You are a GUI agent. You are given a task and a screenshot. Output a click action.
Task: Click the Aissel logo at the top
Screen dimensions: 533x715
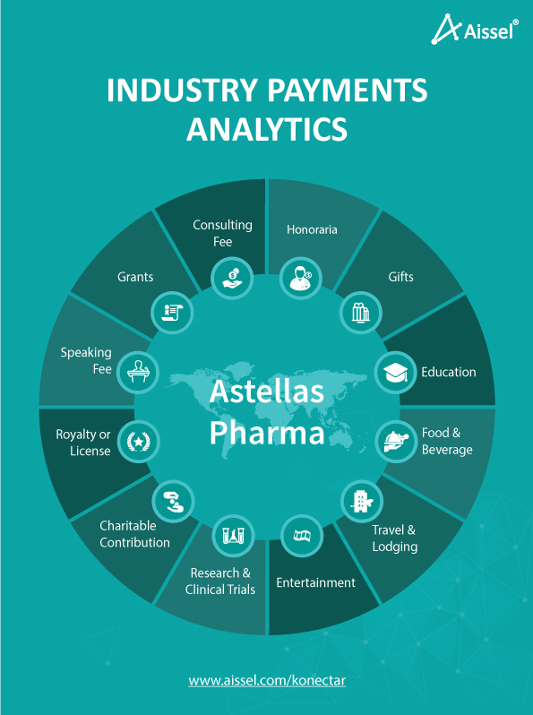pyautogui.click(x=475, y=30)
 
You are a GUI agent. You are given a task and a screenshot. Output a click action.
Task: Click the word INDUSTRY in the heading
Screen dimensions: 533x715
pyautogui.click(x=182, y=90)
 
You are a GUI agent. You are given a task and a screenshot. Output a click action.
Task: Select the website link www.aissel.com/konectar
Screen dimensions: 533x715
pyautogui.click(x=267, y=681)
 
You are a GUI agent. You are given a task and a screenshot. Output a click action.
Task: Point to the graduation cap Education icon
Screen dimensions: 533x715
pyautogui.click(x=395, y=372)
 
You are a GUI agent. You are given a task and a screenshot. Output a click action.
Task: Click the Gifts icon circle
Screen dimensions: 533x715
pyautogui.click(x=361, y=313)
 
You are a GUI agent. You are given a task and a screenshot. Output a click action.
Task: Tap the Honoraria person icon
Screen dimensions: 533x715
pyautogui.click(x=301, y=278)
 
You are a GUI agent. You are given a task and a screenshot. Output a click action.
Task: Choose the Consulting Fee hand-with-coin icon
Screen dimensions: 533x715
pyautogui.click(x=233, y=278)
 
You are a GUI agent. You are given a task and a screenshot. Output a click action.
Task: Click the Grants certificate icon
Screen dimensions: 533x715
pyautogui.click(x=172, y=313)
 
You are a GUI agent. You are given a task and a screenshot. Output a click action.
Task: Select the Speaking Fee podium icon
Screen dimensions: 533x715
pyautogui.click(x=138, y=372)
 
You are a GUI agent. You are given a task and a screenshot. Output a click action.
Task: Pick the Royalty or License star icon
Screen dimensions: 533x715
pyautogui.click(x=138, y=442)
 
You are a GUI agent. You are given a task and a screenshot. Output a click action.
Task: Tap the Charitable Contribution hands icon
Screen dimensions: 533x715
pyautogui.click(x=173, y=501)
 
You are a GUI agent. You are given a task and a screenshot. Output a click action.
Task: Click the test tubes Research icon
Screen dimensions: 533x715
pyautogui.click(x=234, y=535)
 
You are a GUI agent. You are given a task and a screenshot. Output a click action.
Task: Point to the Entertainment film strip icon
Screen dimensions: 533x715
pyautogui.click(x=302, y=535)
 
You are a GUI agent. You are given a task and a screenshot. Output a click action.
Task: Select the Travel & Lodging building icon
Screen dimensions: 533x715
pyautogui.click(x=362, y=501)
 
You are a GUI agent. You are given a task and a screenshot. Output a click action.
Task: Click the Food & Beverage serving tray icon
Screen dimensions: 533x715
pyautogui.click(x=396, y=442)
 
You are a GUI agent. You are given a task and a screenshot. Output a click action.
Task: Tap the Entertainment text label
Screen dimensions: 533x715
pyautogui.click(x=315, y=582)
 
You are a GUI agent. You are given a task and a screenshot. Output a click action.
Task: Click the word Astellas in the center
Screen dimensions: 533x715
pyautogui.click(x=267, y=392)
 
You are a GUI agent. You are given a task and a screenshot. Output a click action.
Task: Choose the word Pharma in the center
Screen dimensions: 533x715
pyautogui.click(x=267, y=433)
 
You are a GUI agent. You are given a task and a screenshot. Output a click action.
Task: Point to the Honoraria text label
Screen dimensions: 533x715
pyautogui.click(x=312, y=229)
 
